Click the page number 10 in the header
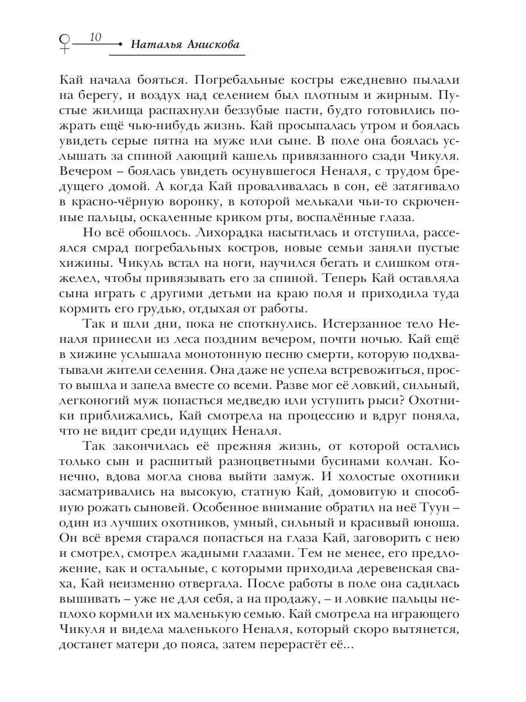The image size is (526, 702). click(96, 38)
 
